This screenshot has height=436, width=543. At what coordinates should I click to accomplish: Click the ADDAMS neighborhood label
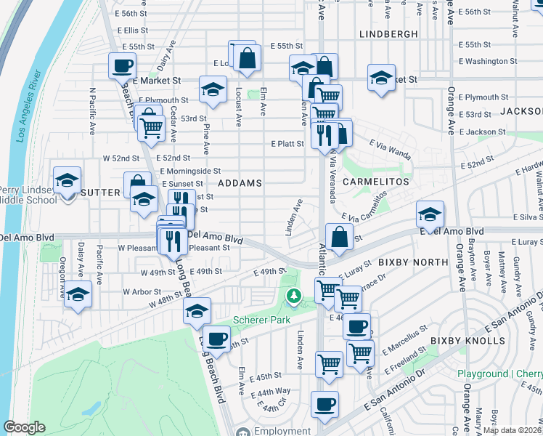[x=240, y=183]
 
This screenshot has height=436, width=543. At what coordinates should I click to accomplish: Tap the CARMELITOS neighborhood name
[x=376, y=180]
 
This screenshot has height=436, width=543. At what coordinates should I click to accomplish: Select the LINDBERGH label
[x=388, y=34]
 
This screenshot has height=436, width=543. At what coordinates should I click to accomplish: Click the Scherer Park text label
[x=261, y=320]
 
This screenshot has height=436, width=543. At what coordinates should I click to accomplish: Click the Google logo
[x=25, y=427]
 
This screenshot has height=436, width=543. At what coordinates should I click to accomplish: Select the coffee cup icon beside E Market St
[x=122, y=67]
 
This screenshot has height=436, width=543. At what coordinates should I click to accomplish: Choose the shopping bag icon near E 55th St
[x=247, y=60]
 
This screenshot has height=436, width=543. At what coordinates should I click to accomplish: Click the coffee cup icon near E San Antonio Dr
[x=324, y=404]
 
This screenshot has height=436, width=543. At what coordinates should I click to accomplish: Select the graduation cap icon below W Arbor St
[x=78, y=295]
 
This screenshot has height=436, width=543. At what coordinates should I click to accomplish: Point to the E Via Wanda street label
[x=390, y=148]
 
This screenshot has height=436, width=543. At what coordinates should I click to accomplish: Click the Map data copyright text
[x=513, y=430]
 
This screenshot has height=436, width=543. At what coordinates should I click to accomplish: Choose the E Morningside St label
[x=190, y=171]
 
